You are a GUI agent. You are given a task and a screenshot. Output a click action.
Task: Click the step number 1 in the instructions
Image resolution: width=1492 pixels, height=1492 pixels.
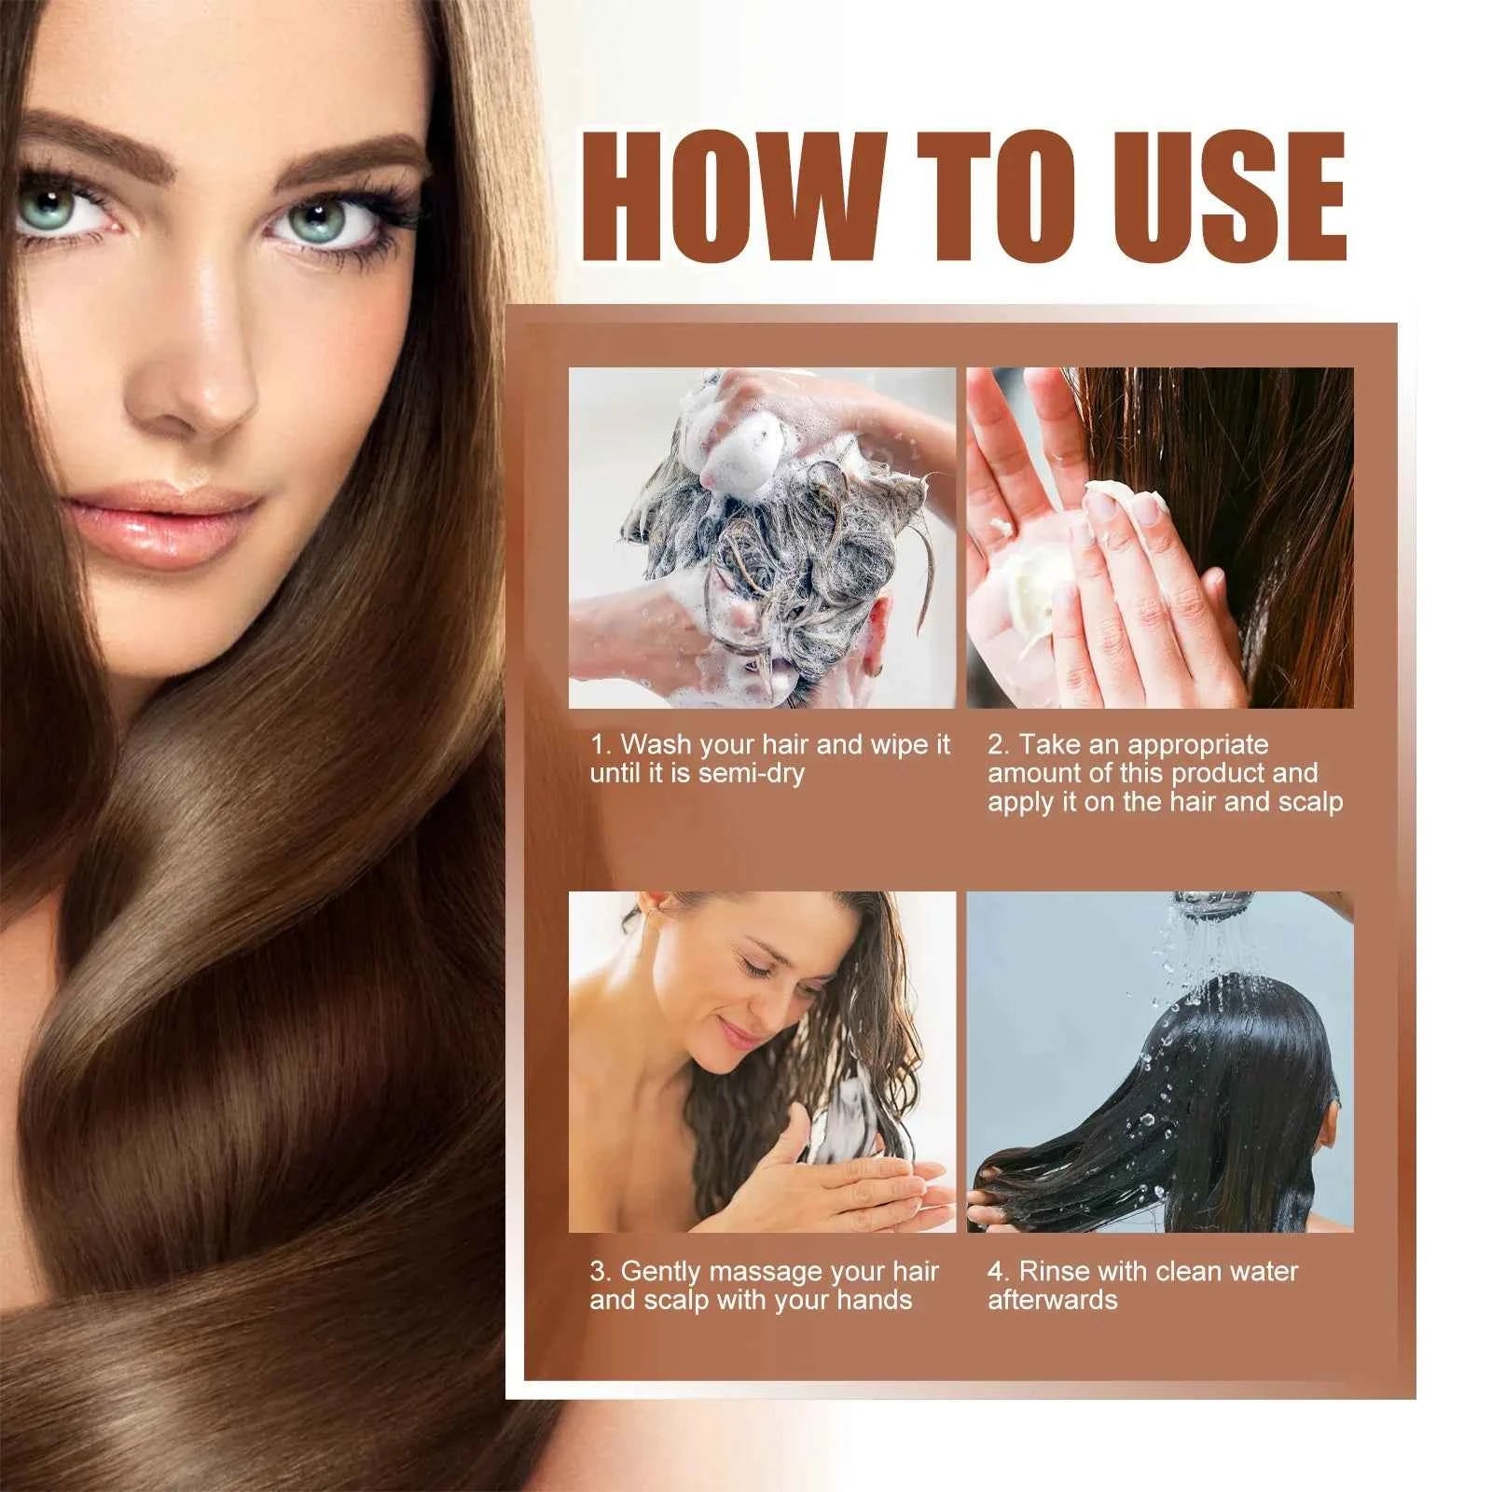click(599, 745)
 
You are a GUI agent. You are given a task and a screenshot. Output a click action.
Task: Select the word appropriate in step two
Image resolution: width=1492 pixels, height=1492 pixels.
click(1197, 745)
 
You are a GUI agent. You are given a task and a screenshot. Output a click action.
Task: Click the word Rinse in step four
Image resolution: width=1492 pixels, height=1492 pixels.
click(1054, 1271)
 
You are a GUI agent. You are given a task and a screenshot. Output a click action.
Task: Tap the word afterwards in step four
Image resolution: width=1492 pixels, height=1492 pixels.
click(1052, 1300)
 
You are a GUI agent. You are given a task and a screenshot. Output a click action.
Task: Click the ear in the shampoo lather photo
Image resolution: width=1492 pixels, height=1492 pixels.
click(877, 658)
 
